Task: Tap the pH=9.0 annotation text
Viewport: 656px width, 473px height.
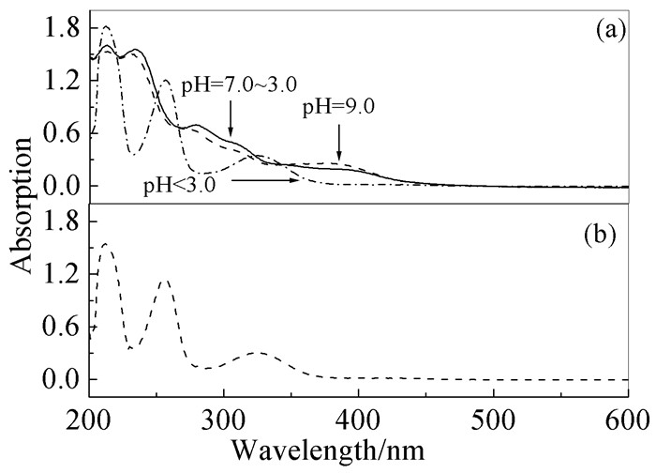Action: pos(338,107)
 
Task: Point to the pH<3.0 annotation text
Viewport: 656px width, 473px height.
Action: pos(180,184)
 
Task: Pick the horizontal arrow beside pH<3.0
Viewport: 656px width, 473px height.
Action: pos(266,178)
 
